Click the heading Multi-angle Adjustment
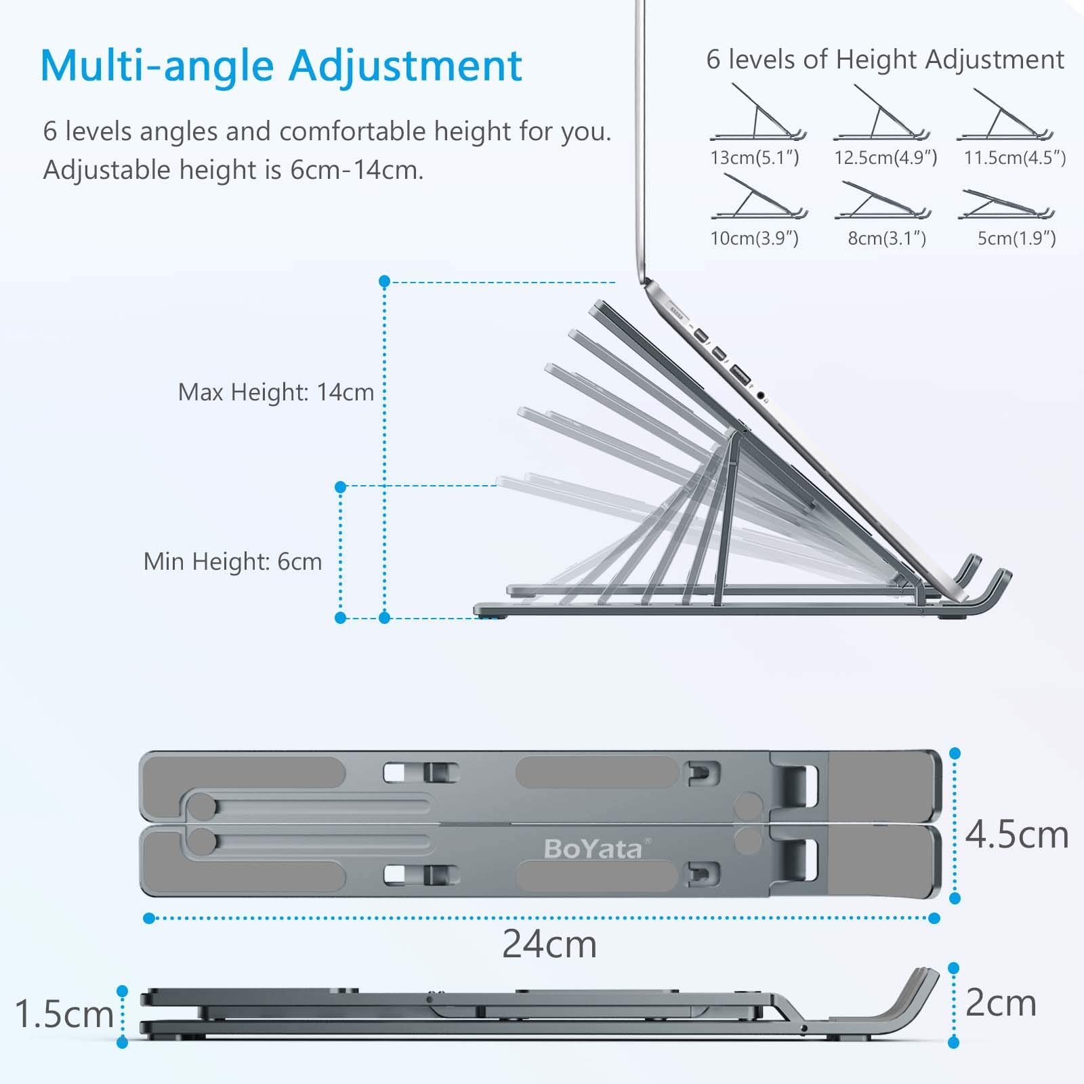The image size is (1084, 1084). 281,66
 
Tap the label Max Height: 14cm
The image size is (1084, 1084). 276,392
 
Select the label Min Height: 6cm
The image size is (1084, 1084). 232,562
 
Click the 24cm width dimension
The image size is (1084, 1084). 549,944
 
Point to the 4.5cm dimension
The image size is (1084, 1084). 1016,835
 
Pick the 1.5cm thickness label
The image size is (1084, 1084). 64,1014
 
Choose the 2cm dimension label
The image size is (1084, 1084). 1001,1003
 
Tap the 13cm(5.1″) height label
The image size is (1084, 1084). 755,158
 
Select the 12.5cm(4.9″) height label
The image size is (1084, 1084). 885,158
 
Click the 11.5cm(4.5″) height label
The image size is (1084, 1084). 1015,158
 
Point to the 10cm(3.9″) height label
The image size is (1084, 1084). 755,238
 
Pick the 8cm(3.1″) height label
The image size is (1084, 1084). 887,238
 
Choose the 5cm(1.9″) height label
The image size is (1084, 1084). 1016,238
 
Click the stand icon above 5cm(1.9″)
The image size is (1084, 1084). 1006,205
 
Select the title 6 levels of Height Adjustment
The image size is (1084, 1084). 885,60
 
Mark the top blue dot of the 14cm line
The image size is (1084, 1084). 384,280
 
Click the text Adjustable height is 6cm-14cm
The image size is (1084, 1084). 233,170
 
